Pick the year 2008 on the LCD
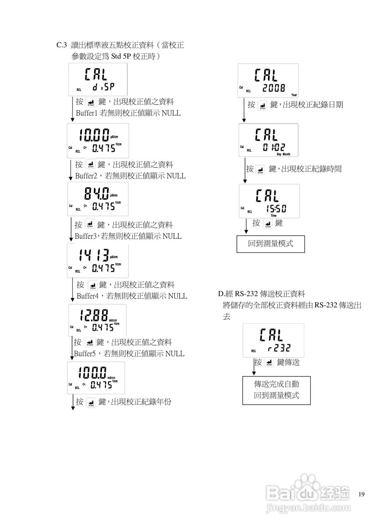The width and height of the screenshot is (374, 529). pos(274,88)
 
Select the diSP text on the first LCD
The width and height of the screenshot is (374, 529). pos(103,87)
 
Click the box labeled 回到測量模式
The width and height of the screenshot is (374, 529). pos(270,244)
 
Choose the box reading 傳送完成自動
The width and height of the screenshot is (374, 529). pos(276,384)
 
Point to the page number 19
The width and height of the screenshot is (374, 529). pos(362,494)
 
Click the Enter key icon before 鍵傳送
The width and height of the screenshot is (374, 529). pos(269,362)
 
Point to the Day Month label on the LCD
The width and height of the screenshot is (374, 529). pos(283,154)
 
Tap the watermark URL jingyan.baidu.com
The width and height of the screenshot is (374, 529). pos(307,508)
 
